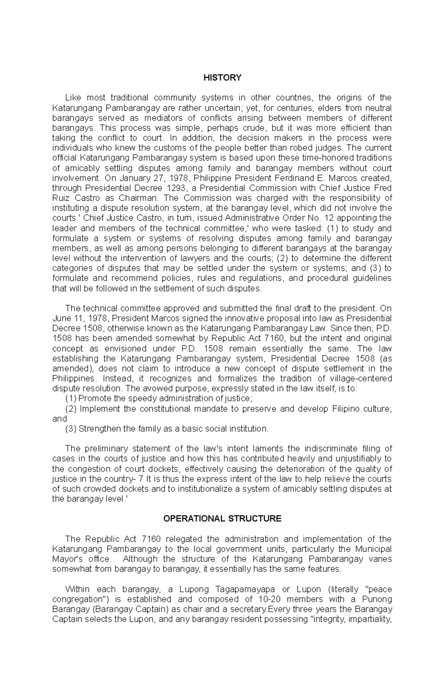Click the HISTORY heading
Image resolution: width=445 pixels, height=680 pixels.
(222, 78)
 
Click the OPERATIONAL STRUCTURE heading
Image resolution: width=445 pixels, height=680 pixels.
(222, 518)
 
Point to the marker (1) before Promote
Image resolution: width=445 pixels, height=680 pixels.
(70, 398)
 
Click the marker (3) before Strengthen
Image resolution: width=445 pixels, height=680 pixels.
(70, 429)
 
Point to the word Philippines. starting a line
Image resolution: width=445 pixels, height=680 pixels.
(74, 378)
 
